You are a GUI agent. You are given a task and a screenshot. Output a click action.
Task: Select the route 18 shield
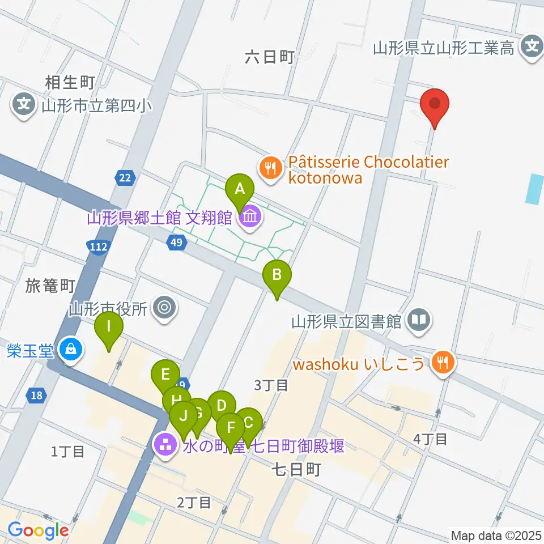pos(36,396)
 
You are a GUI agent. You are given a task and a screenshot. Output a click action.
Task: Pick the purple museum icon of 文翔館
pos(250,216)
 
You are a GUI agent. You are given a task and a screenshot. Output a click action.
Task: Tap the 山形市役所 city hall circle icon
pos(165,308)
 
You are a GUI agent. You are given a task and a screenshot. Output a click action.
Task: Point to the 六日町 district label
pos(270,57)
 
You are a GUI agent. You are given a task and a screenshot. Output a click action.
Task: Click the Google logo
pos(38,530)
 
